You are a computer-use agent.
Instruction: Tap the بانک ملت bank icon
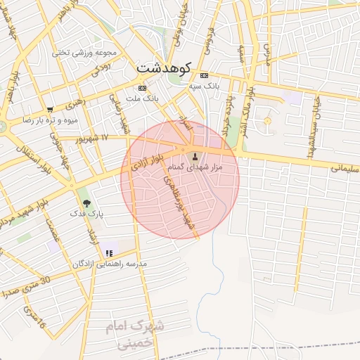143,89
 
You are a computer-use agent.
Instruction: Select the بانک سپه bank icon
204,75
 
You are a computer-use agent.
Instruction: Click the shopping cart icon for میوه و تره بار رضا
50,110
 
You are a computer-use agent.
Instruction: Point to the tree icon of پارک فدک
86,202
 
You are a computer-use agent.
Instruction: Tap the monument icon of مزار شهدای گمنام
195,155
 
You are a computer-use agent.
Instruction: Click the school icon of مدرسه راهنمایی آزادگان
108,252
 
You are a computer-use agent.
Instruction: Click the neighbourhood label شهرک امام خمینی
134,334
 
